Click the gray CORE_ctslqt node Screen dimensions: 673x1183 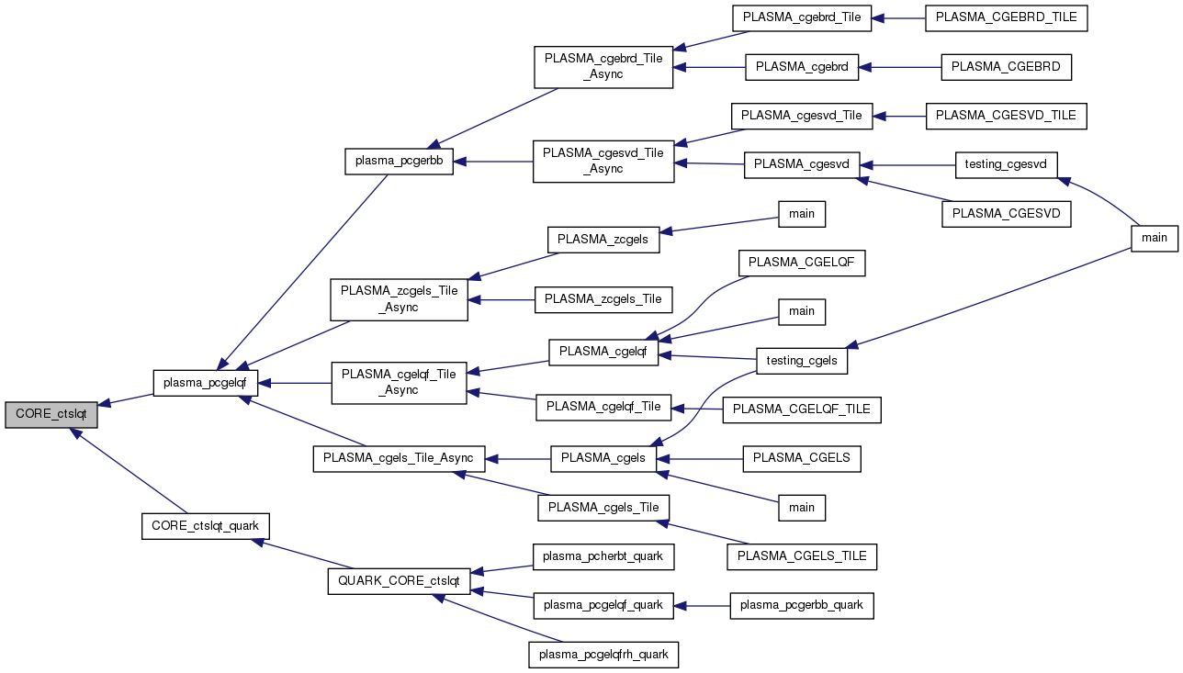[51, 413]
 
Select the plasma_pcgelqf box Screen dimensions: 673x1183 [205, 383]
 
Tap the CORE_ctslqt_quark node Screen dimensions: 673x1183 [205, 526]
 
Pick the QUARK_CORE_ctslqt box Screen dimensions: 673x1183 [399, 581]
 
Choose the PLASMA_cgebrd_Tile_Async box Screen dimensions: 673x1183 [603, 65]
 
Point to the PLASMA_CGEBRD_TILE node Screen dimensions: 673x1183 [1007, 18]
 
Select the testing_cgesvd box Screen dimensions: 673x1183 [1007, 164]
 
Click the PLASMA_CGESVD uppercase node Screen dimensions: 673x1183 [1007, 214]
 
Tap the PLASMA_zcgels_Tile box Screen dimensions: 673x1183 [603, 298]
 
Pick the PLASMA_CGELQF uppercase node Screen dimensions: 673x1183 [802, 263]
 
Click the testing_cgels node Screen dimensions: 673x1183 [802, 361]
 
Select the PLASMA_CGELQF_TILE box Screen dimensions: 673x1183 [802, 409]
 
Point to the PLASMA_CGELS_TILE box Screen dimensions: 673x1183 [802, 555]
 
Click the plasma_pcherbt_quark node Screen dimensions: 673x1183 [603, 555]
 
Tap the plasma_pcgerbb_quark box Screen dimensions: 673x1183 [802, 605]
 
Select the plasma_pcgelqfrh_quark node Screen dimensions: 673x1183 [603, 655]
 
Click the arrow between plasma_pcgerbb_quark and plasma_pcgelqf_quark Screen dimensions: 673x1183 [704, 605]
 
